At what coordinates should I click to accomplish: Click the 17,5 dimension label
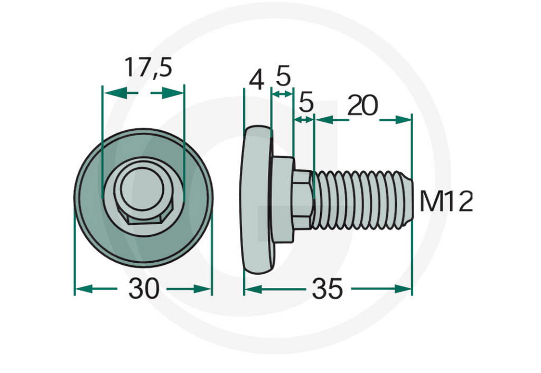[148, 68]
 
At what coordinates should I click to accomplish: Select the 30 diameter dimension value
[143, 289]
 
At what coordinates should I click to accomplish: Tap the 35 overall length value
[327, 289]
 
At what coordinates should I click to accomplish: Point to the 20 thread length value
[363, 106]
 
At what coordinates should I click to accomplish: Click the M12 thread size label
[446, 202]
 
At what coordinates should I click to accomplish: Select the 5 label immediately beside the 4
[283, 77]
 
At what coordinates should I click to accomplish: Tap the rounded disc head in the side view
[257, 200]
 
